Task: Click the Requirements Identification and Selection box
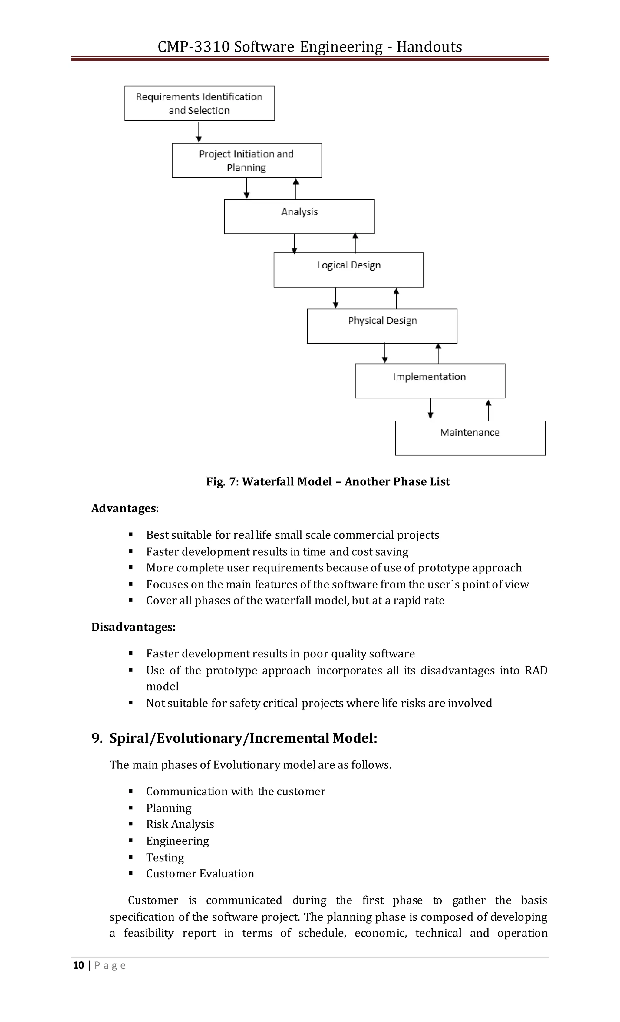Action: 199,103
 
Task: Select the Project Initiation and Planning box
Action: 247,161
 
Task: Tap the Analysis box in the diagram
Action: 299,217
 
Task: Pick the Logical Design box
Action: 348,270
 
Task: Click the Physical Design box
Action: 382,326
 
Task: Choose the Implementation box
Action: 430,381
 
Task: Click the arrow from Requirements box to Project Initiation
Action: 199,132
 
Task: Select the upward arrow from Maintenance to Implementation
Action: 488,410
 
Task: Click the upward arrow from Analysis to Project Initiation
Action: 296,189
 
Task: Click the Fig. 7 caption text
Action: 328,481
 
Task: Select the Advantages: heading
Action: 125,508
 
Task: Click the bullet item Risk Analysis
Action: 180,824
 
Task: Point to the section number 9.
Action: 97,738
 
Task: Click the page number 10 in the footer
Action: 78,966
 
